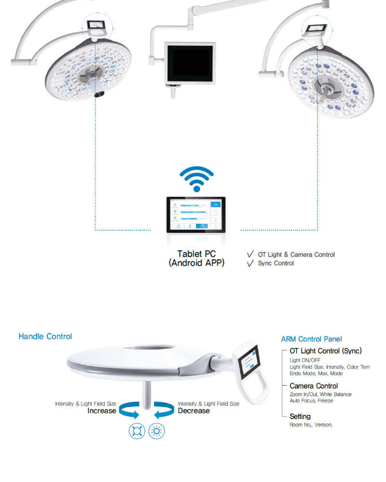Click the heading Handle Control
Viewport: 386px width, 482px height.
pos(45,336)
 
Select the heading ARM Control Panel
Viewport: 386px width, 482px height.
pos(311,339)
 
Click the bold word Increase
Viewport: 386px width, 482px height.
pos(102,411)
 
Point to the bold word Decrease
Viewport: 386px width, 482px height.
pos(193,411)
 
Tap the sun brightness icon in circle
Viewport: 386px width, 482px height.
pos(156,430)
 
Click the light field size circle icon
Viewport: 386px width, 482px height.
pos(137,430)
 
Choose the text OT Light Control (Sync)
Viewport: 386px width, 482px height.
pos(325,351)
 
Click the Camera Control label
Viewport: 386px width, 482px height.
pos(314,386)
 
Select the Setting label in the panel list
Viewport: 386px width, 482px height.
pos(300,416)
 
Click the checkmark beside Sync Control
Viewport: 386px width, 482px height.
pos(250,263)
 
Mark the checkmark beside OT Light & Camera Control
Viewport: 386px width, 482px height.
pos(250,254)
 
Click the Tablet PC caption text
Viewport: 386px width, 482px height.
pos(196,258)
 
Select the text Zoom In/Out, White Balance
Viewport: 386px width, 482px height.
pos(320,394)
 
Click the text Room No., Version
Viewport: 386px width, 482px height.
pos(311,425)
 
